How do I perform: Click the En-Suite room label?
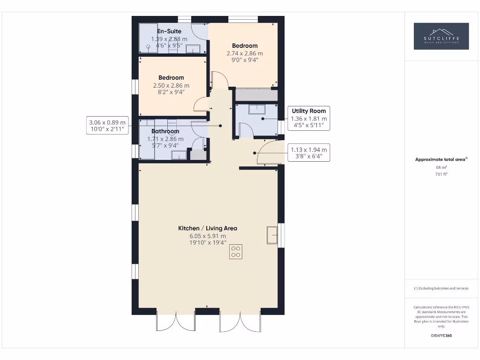[x=169, y=31]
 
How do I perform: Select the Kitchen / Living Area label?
[x=207, y=228]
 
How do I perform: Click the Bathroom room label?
[x=165, y=131]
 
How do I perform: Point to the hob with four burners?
[x=236, y=252]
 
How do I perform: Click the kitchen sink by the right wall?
[x=272, y=234]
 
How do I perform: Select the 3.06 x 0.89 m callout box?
[x=107, y=126]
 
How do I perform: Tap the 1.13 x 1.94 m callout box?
[x=309, y=153]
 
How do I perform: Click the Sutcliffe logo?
[x=441, y=36]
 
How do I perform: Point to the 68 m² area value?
[x=441, y=167]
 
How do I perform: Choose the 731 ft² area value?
[x=441, y=174]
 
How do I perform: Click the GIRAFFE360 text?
[x=441, y=336]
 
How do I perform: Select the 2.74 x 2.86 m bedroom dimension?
[x=245, y=53]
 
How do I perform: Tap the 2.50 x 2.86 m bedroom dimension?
[x=171, y=85]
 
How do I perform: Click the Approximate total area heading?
[x=441, y=159]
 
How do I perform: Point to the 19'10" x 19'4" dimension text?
[x=207, y=243]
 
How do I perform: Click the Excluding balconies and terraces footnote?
[x=441, y=288]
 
